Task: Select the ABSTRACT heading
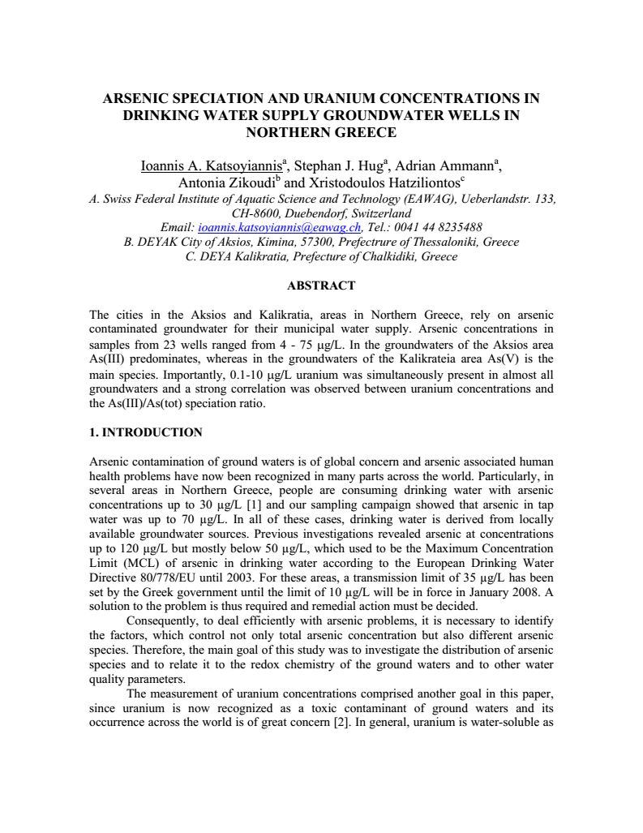[321, 286]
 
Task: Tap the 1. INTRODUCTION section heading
[146, 432]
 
